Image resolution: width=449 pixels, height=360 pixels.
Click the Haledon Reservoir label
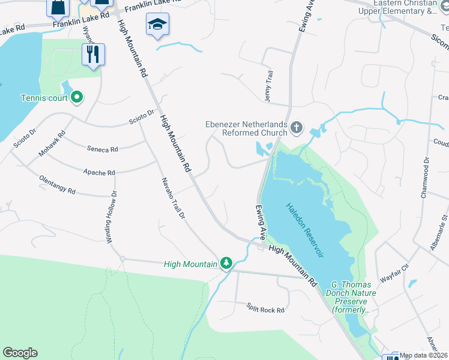[x=304, y=230]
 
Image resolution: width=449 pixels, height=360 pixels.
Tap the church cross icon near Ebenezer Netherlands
[x=296, y=127]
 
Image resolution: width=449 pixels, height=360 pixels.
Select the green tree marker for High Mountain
[x=226, y=263]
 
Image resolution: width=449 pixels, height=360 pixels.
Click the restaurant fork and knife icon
[x=93, y=55]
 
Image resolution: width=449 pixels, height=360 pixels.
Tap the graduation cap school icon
[x=157, y=25]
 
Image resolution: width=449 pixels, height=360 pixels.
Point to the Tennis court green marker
[x=77, y=98]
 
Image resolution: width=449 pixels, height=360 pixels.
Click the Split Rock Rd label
[x=265, y=309]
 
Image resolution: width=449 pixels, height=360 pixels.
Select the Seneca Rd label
[x=102, y=149]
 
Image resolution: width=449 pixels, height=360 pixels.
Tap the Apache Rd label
[x=100, y=173]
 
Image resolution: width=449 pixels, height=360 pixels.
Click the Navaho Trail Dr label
[x=172, y=198]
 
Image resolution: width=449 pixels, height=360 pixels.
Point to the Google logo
[x=20, y=353]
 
